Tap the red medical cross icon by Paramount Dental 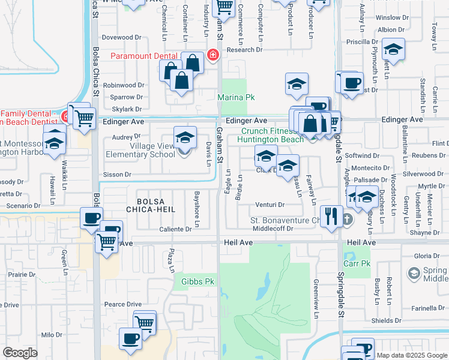point(212,56)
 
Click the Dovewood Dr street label point(121,37)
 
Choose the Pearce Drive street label point(122,304)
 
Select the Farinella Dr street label point(427,308)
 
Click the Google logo point(20,353)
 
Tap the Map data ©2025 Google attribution point(411,355)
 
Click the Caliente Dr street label point(175,229)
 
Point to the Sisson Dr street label point(119,175)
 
